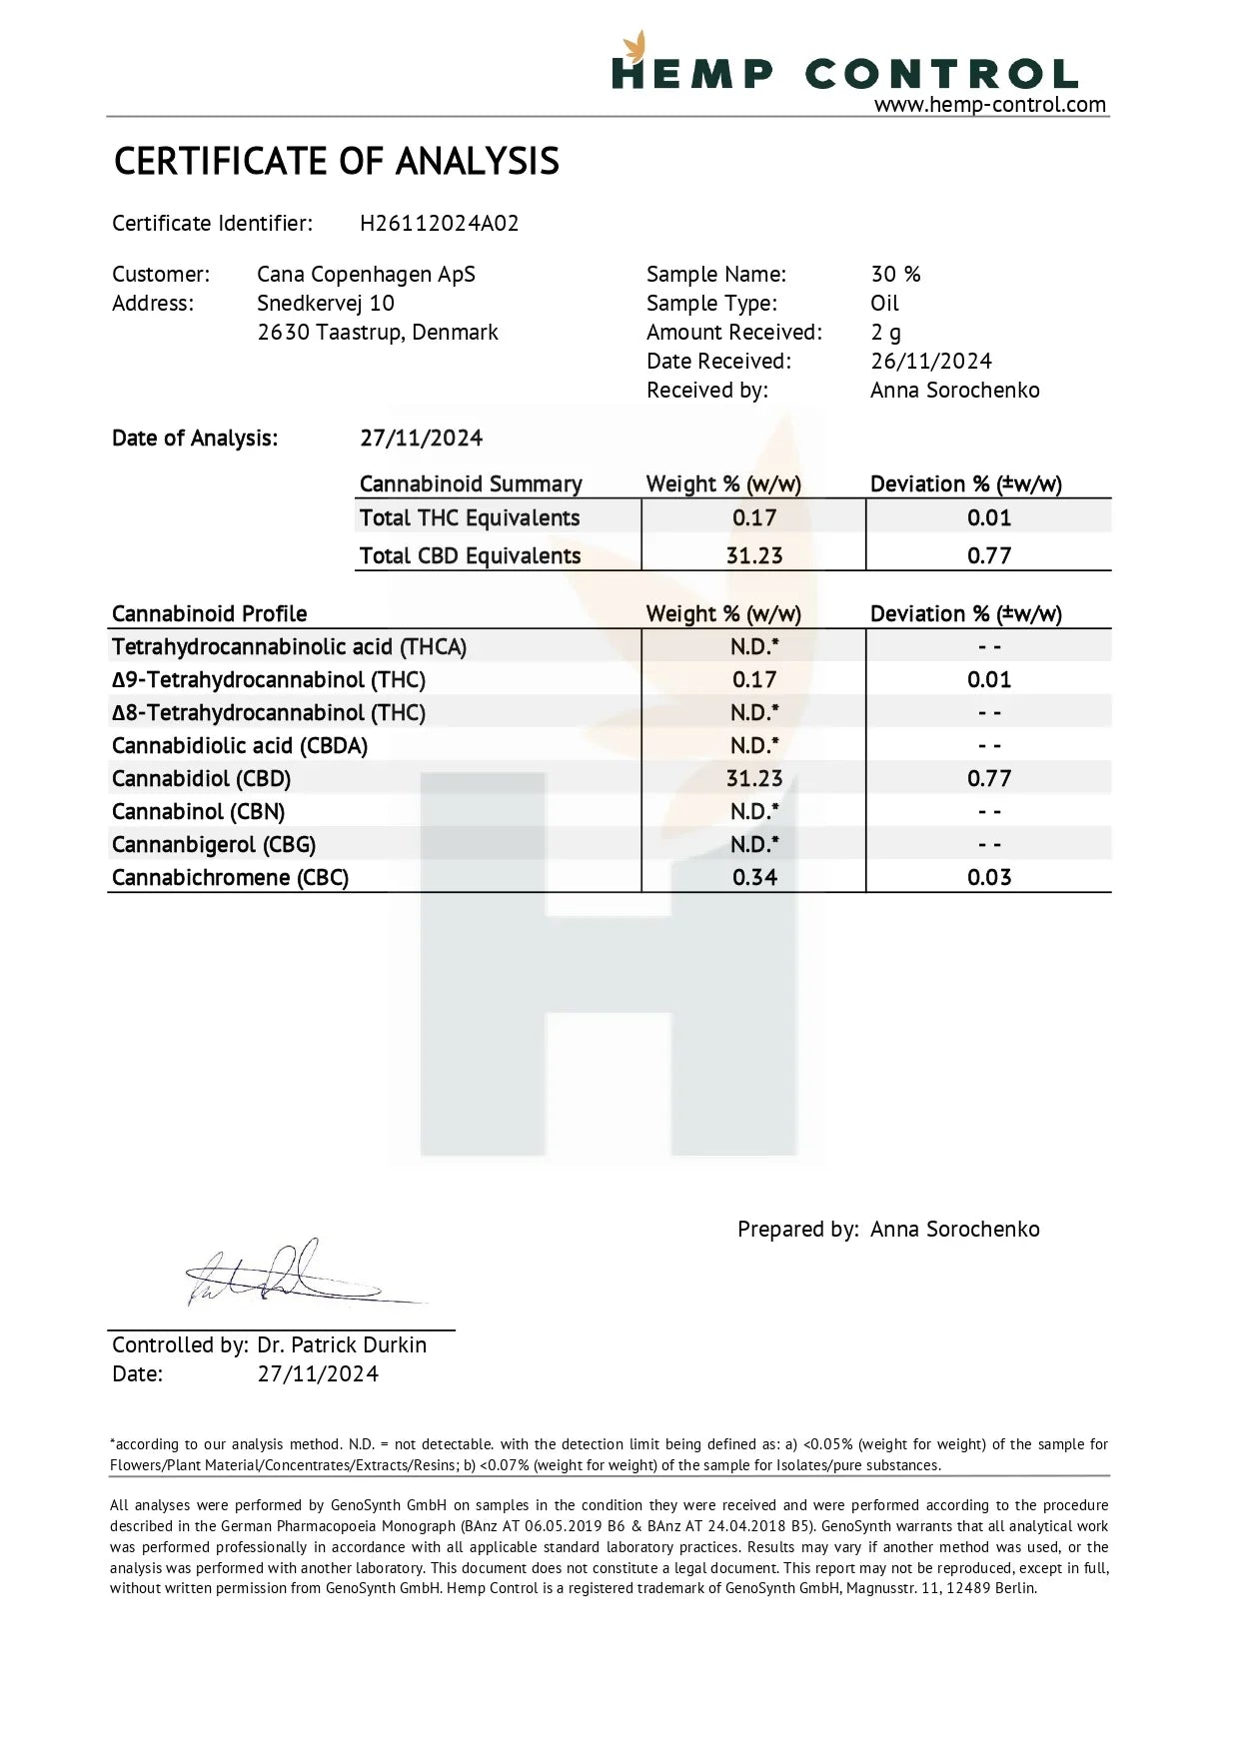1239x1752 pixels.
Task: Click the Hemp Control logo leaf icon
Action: click(633, 47)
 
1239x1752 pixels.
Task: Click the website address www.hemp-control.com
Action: click(989, 105)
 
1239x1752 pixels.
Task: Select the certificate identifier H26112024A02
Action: click(439, 224)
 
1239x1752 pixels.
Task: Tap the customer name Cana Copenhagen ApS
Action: click(366, 275)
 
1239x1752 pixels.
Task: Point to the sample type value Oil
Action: click(884, 304)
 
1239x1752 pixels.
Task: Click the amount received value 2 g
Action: click(885, 333)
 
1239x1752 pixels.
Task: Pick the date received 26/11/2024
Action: click(930, 362)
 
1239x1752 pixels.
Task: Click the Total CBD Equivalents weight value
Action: click(753, 556)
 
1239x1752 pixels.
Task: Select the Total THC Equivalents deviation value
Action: click(988, 518)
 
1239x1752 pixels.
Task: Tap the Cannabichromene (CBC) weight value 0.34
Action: click(753, 878)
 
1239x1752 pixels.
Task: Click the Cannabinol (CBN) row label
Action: click(198, 812)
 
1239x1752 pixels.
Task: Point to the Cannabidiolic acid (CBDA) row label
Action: click(239, 746)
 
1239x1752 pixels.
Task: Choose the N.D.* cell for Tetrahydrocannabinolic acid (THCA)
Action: click(753, 647)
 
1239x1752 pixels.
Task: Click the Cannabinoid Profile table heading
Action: click(209, 614)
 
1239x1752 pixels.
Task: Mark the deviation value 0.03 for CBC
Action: click(988, 878)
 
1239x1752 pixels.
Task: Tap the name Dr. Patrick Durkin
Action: click(341, 1345)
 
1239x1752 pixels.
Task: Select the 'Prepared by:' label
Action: click(797, 1230)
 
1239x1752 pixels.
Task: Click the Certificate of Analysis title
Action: click(336, 162)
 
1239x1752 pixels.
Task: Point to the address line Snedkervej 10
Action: click(325, 304)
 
